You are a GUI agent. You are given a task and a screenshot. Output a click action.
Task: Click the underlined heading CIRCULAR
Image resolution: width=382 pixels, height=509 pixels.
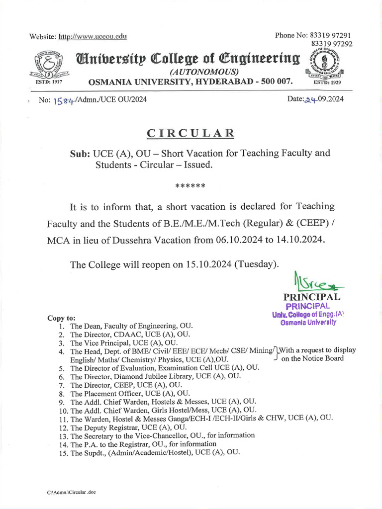(191, 133)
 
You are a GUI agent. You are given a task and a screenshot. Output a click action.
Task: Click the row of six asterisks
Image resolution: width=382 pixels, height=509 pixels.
(191, 186)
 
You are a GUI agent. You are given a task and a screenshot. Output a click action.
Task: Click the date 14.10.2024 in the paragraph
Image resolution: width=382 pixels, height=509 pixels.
(299, 239)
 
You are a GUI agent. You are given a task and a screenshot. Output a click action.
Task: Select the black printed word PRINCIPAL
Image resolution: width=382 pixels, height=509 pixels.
(312, 297)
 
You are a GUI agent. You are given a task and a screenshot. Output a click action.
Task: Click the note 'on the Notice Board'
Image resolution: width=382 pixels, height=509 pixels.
(312, 358)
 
